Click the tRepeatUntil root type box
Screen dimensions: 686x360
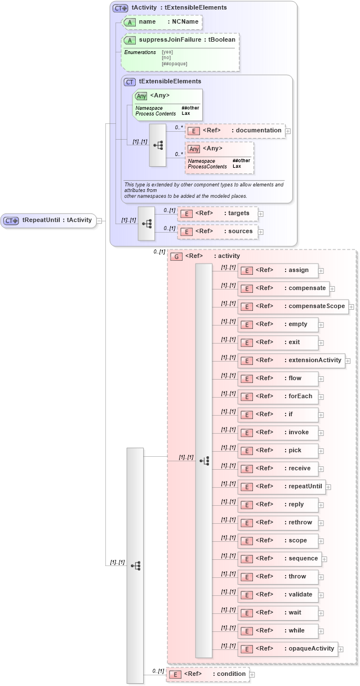point(48,220)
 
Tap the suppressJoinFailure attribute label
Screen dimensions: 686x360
point(180,40)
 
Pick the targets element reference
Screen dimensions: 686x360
point(217,213)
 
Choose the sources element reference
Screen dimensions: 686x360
point(217,231)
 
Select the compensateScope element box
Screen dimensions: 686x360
point(293,306)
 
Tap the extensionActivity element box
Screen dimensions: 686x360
point(291,360)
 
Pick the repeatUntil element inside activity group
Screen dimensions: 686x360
point(282,487)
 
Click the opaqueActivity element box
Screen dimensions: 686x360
point(288,649)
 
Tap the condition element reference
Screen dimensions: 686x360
point(208,674)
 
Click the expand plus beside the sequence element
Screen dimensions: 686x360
point(325,559)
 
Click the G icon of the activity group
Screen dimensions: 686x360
point(176,256)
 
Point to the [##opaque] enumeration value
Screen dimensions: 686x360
point(174,64)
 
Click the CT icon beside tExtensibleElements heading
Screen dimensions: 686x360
point(130,82)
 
